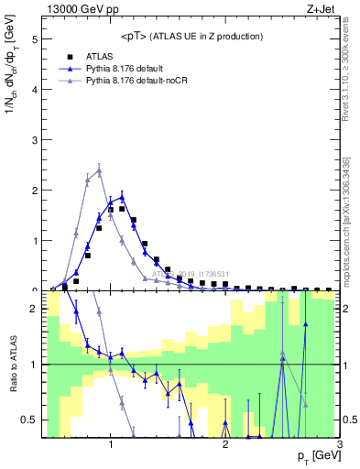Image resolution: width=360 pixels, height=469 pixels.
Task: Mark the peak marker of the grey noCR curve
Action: (x=99, y=170)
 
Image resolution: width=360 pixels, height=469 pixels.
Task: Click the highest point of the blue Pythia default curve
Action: (x=122, y=196)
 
